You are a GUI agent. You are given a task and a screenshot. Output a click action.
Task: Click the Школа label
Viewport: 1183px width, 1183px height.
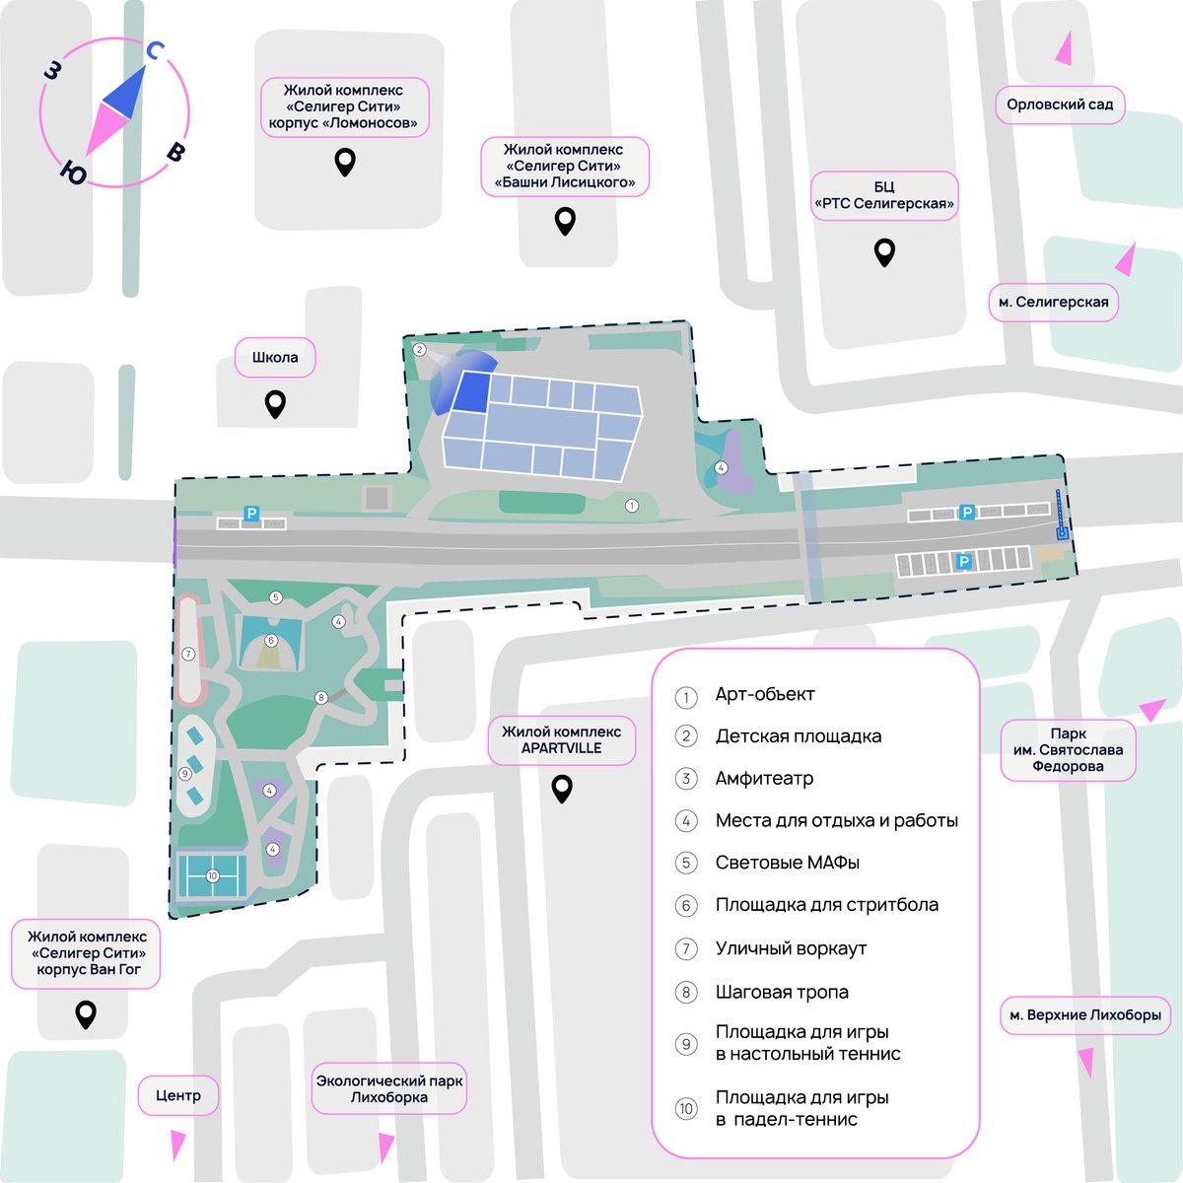click(x=275, y=357)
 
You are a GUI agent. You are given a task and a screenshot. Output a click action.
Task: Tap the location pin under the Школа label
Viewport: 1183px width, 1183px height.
click(x=275, y=404)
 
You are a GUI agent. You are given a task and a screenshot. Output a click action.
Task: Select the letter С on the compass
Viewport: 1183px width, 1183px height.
click(x=155, y=51)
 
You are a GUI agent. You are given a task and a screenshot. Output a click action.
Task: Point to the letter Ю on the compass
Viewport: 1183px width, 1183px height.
click(x=74, y=174)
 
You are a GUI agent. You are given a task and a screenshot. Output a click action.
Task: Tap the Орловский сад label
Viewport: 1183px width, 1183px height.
click(x=1060, y=104)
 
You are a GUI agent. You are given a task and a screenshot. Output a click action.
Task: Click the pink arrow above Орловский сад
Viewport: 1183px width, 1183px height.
click(x=1065, y=49)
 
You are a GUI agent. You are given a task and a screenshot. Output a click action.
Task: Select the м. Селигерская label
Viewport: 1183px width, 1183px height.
click(x=1053, y=302)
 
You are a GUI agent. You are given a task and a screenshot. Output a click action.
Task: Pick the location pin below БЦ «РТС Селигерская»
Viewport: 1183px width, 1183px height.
click(x=884, y=252)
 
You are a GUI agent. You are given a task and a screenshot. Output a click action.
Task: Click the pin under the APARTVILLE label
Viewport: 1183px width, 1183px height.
click(x=562, y=789)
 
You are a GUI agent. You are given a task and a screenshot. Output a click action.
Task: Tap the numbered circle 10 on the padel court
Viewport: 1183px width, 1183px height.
click(x=212, y=875)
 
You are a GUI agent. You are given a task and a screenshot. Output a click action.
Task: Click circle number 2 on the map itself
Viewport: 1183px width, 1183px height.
click(x=419, y=349)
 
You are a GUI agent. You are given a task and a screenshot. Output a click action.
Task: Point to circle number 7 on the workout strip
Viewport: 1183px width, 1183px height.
click(x=188, y=654)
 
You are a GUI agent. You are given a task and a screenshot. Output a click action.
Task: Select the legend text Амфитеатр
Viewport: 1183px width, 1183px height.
click(x=764, y=778)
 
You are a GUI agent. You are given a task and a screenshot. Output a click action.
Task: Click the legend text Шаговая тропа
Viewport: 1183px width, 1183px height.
click(x=782, y=992)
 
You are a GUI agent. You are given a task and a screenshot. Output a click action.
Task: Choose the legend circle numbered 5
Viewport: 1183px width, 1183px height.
click(x=686, y=863)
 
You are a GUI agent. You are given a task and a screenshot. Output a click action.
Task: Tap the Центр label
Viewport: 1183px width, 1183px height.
click(x=178, y=1095)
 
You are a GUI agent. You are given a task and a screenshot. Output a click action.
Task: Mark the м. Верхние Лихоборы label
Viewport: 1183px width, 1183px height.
click(x=1084, y=1014)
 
